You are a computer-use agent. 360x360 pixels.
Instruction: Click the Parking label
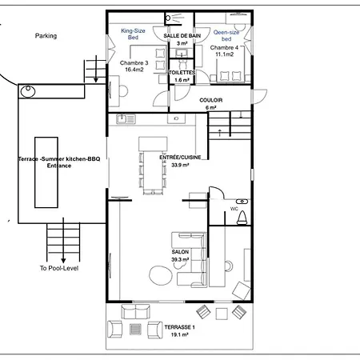pyautogui.click(x=46, y=36)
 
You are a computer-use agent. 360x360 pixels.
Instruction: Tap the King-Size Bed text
pyautogui.click(x=133, y=34)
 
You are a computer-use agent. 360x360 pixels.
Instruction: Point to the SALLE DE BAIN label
pyautogui.click(x=182, y=36)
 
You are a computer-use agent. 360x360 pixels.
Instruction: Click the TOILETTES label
pyautogui.click(x=182, y=72)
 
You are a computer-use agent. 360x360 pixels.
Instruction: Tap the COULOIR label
pyautogui.click(x=211, y=100)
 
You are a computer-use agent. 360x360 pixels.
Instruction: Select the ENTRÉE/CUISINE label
pyautogui.click(x=180, y=158)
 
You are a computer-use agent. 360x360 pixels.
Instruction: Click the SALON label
pyautogui.click(x=180, y=252)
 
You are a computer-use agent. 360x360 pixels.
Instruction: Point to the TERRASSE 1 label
pyautogui.click(x=179, y=327)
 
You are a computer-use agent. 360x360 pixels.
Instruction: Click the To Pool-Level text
pyautogui.click(x=59, y=268)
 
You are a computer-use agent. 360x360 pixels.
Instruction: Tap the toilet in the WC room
pyautogui.click(x=242, y=218)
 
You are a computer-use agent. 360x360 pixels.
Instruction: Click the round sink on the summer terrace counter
pyautogui.click(x=28, y=91)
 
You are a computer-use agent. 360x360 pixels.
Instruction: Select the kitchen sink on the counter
pyautogui.click(x=126, y=119)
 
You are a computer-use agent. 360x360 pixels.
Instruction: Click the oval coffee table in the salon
pyautogui.click(x=161, y=275)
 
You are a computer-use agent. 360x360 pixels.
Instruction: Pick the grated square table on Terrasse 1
pyautogui.click(x=135, y=330)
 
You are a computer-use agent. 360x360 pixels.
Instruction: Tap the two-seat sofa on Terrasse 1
pyautogui.click(x=136, y=311)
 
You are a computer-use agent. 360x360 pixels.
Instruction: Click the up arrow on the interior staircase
pyautogui.click(x=220, y=133)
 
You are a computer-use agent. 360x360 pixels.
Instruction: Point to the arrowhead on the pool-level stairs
pyautogui.click(x=63, y=260)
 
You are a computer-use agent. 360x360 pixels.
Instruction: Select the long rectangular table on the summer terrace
pyautogui.click(x=46, y=172)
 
